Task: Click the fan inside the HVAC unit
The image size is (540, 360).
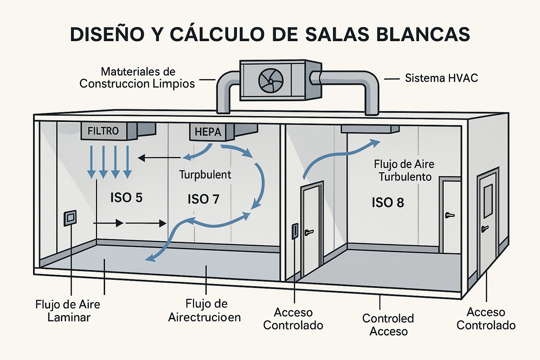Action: (x=271, y=81)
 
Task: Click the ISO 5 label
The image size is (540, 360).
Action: (x=126, y=198)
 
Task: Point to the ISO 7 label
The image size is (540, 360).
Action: (x=204, y=199)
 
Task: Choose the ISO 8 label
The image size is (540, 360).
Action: (x=388, y=202)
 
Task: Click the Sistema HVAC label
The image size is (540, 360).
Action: (x=441, y=78)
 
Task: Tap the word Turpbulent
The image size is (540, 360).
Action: (x=205, y=175)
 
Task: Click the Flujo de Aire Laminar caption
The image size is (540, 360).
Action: (x=68, y=311)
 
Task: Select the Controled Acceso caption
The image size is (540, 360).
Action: (x=388, y=325)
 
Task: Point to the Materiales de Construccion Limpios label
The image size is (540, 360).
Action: (x=137, y=78)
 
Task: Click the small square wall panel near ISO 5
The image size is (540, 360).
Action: (x=70, y=218)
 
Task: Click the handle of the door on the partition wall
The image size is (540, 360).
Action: (x=309, y=232)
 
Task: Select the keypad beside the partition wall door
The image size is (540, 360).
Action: (x=295, y=231)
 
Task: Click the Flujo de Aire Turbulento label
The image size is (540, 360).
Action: (x=404, y=170)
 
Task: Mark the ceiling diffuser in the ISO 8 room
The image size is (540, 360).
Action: (x=370, y=129)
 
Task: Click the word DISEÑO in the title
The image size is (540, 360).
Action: (x=107, y=34)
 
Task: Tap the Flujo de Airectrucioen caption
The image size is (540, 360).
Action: (x=205, y=310)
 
